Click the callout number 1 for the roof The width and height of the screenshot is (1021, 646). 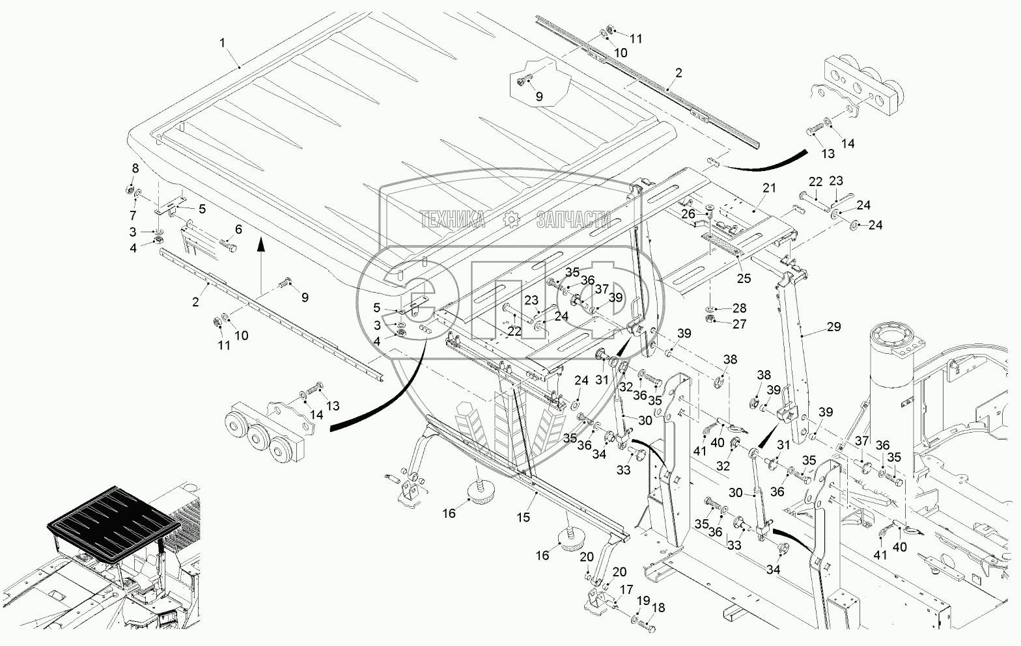(x=223, y=43)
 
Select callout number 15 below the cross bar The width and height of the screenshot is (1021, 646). (x=524, y=518)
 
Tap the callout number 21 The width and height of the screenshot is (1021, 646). (x=769, y=188)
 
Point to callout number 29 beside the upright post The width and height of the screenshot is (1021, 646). (x=834, y=327)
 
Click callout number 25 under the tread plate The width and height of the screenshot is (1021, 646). (x=744, y=278)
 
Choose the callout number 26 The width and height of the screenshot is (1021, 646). (x=688, y=213)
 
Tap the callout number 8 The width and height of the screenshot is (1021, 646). (x=135, y=168)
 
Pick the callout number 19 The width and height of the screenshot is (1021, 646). (x=643, y=601)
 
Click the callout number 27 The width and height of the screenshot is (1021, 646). (x=739, y=324)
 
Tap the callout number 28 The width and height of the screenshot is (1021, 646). (x=739, y=308)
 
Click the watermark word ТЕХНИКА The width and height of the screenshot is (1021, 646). (x=453, y=220)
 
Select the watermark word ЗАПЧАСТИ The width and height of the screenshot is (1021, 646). (x=574, y=220)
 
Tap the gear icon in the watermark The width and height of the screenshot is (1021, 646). (x=511, y=221)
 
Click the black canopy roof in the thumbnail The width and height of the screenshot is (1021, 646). (x=113, y=513)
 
